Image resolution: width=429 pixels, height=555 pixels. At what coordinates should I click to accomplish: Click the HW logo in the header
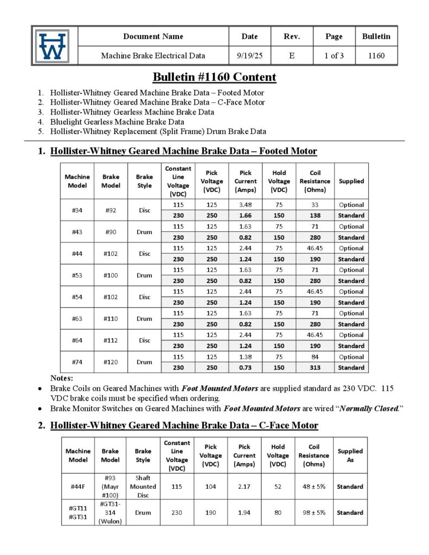coord(53,46)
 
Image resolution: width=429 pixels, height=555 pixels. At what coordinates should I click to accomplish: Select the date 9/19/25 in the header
coord(249,55)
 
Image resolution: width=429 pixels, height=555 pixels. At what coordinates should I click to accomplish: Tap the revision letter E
coord(292,55)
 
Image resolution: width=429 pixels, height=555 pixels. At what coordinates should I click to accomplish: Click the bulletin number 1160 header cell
coord(376,55)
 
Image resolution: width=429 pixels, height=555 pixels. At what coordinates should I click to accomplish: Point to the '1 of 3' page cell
coord(334,55)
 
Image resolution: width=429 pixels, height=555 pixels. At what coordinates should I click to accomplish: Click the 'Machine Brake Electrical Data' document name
coord(153,55)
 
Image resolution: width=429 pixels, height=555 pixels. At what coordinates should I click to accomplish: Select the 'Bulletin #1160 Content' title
coord(214,77)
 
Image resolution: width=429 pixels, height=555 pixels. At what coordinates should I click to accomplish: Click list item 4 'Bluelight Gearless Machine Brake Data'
coord(117,122)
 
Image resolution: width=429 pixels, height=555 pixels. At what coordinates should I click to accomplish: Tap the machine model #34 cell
coord(77,210)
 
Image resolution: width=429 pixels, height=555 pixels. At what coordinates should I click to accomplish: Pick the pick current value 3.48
coord(245,205)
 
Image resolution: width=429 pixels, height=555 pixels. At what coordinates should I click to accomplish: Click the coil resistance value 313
coord(315,367)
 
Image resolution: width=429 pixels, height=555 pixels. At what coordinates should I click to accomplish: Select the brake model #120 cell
coord(111,362)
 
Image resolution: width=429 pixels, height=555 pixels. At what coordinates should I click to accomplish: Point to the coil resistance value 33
coord(315,205)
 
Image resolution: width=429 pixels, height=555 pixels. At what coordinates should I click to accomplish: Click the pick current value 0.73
coord(245,367)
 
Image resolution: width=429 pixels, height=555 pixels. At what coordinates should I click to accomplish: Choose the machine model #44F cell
coord(78,486)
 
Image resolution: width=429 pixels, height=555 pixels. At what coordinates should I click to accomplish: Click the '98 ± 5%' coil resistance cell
coord(313,512)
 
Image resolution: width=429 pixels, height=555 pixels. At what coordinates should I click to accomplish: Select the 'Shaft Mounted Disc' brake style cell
coord(143,486)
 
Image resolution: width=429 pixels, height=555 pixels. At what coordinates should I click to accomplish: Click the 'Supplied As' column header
coord(350,455)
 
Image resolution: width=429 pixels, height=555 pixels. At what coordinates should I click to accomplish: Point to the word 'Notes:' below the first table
coord(61,378)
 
